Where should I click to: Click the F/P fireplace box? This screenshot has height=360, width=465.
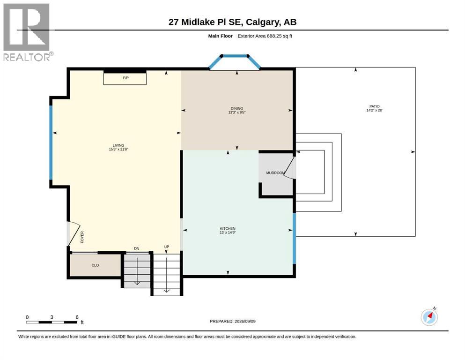tap(125, 78)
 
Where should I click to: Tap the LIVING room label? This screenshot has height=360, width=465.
tap(118, 145)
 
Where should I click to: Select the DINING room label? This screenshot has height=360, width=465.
tap(237, 108)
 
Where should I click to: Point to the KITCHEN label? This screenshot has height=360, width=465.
tap(228, 229)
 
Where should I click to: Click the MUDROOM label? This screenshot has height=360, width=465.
tap(275, 172)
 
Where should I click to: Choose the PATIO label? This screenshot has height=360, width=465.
tap(375, 106)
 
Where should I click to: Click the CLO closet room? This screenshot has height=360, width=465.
tap(95, 265)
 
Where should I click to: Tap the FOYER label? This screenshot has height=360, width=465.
tap(82, 237)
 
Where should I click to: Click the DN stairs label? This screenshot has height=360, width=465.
tap(136, 248)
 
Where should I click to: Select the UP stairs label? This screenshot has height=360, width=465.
tap(167, 247)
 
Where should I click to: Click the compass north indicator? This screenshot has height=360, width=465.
tap(429, 316)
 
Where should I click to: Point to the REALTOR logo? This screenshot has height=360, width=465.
tap(28, 32)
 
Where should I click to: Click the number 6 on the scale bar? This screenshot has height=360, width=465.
tap(77, 317)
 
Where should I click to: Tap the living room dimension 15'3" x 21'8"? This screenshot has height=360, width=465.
tap(118, 149)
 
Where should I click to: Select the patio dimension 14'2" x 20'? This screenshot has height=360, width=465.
tap(375, 110)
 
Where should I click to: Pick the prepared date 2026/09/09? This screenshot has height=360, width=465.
tap(245, 321)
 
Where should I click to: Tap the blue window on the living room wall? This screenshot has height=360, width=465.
tap(51, 142)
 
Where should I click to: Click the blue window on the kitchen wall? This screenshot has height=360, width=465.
tap(295, 238)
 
